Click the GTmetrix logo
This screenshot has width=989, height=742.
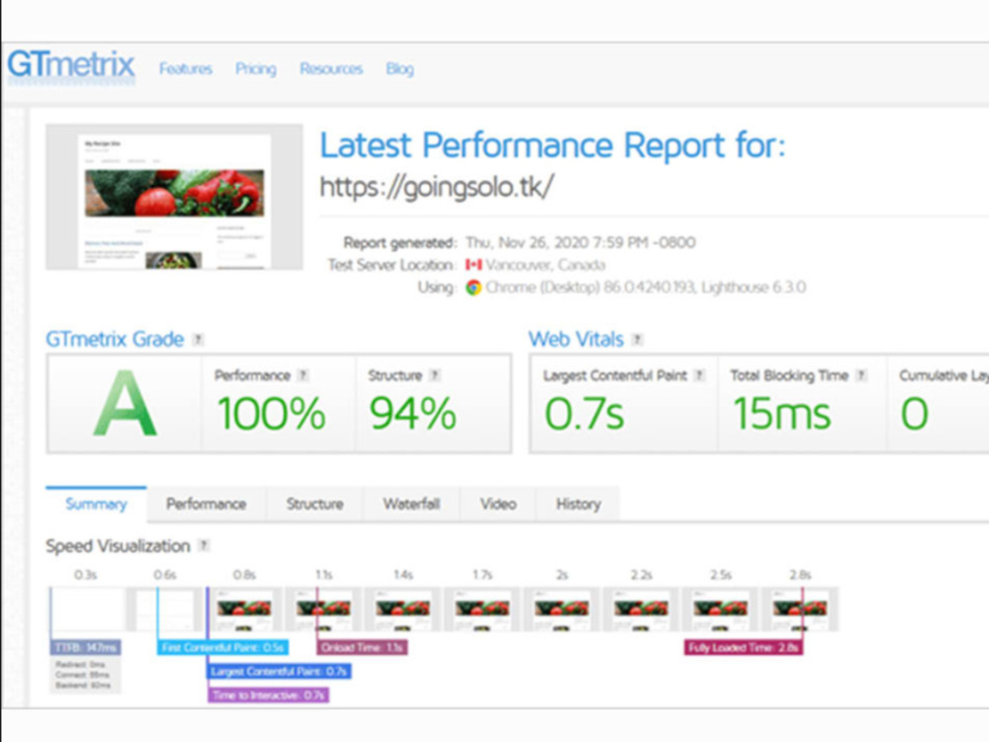pos(70,66)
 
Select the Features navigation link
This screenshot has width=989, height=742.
pos(186,69)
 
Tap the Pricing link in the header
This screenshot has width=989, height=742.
pos(255,69)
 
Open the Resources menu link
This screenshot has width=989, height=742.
pos(331,69)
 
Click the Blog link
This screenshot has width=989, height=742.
pos(400,69)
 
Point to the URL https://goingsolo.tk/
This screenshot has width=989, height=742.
pos(436,188)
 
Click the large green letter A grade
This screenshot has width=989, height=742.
pos(125,403)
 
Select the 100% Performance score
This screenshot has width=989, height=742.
pos(271,413)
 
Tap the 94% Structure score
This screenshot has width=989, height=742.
pos(412,413)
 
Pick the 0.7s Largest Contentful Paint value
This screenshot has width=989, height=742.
pos(584,413)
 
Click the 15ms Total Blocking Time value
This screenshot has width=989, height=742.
pos(781,413)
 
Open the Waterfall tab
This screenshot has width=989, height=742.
pos(411,504)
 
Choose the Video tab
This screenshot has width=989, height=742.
pos(498,504)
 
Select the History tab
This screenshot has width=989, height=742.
pos(578,504)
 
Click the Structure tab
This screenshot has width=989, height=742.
pos(315,504)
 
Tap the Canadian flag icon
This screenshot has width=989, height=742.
pos(474,265)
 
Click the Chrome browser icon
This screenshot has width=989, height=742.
pos(474,287)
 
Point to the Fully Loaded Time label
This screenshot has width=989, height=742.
pos(743,647)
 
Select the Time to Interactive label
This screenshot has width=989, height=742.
pos(267,695)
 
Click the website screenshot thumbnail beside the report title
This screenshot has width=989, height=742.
pos(174,197)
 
